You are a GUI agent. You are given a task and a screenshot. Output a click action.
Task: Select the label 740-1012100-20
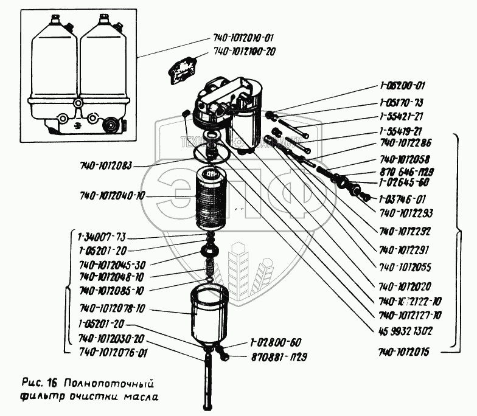click(245, 52)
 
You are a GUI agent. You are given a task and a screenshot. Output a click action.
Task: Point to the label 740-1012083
click(105, 165)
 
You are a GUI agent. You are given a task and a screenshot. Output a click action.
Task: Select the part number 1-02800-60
click(276, 342)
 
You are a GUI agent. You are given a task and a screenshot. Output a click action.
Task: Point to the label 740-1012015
click(404, 352)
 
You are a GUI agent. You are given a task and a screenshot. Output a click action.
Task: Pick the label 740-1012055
click(405, 266)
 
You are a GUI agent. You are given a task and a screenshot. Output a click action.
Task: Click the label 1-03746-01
click(402, 199)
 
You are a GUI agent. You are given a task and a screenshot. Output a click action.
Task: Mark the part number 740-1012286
click(405, 143)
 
